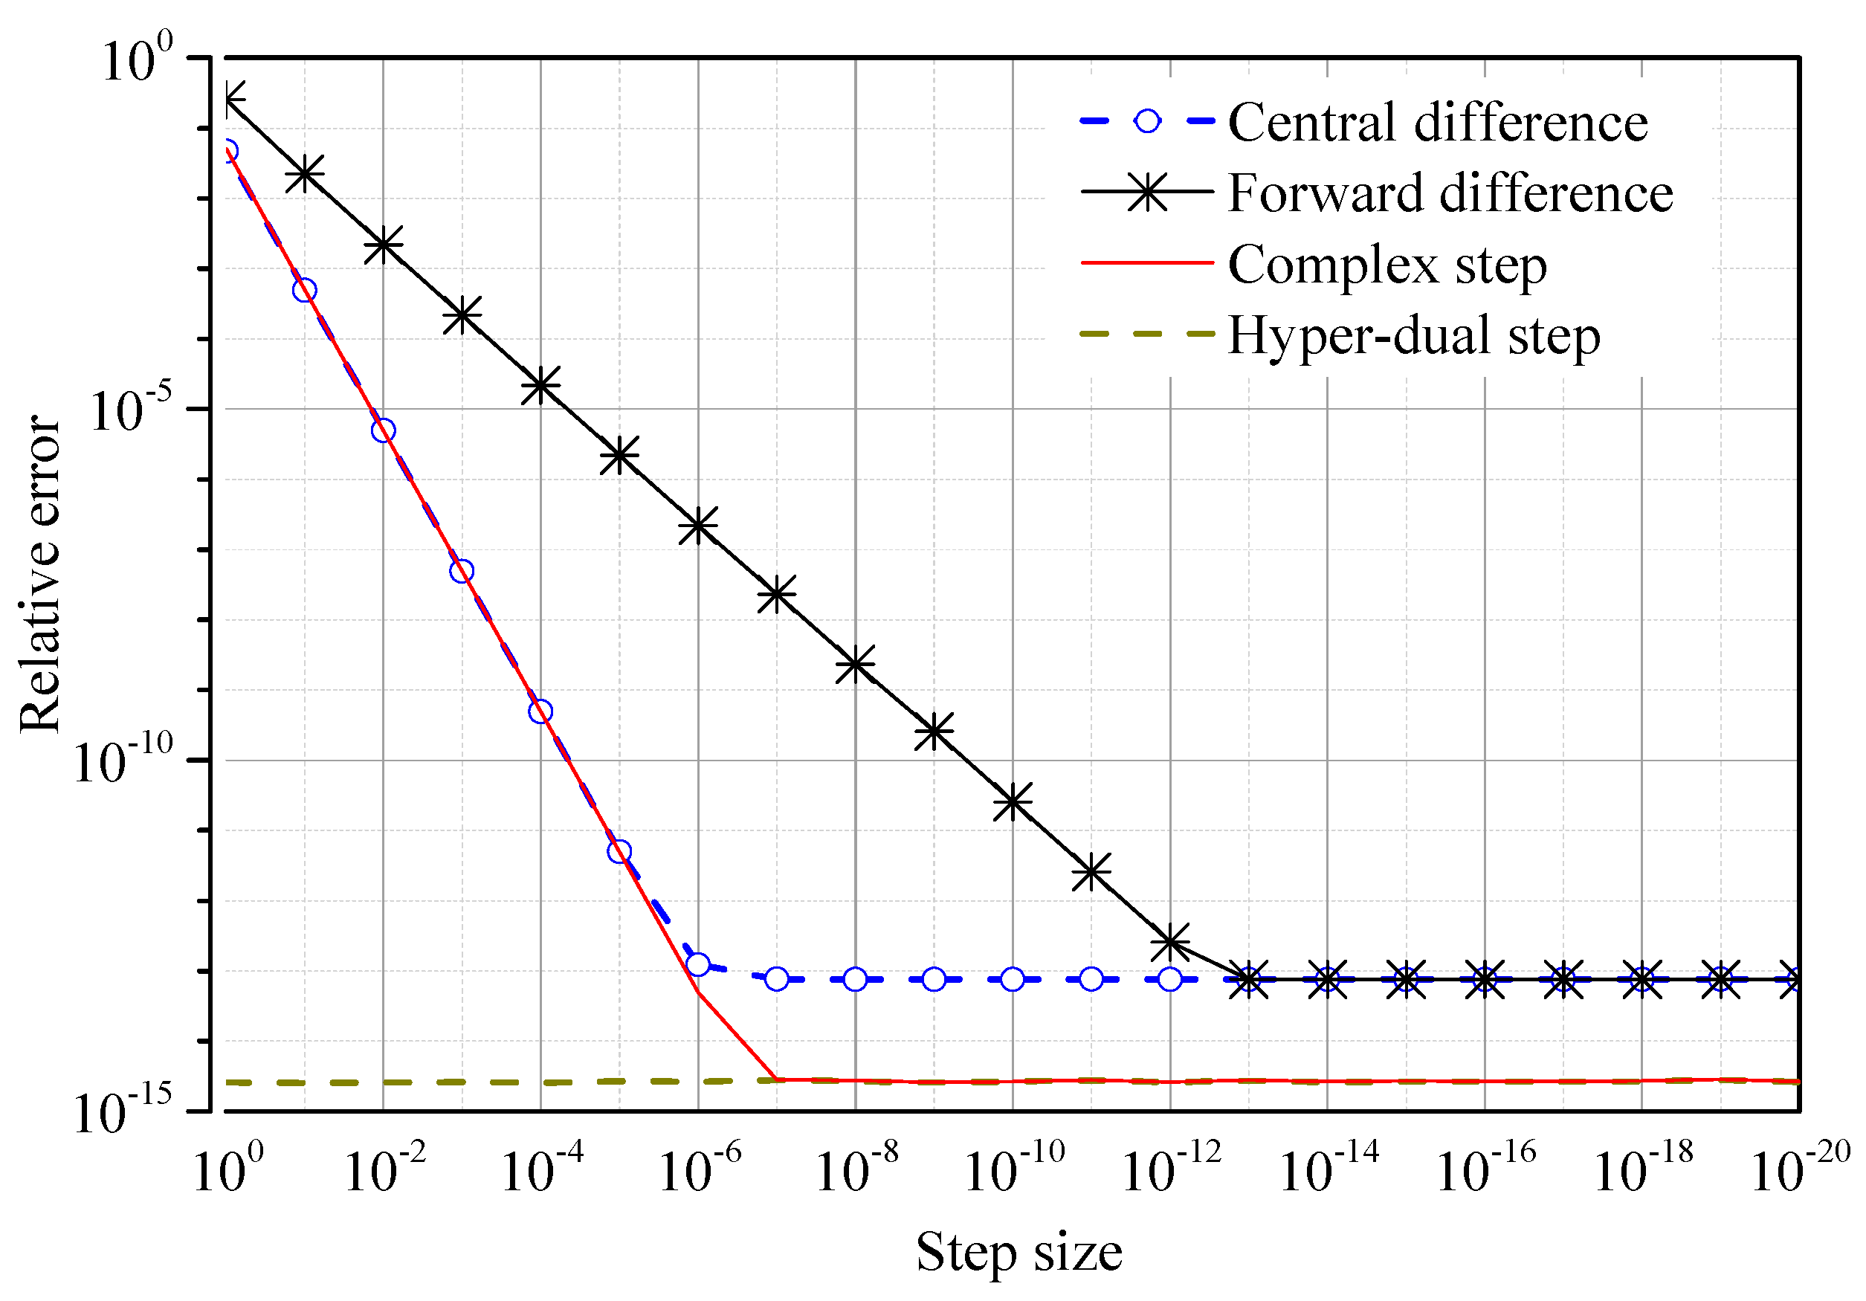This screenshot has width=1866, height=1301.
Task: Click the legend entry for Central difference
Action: pos(1437,123)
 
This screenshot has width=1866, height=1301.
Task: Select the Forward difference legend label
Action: pos(1449,193)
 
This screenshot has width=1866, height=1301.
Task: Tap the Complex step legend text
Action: pos(1386,265)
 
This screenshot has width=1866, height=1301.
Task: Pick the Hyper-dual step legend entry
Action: pos(1413,335)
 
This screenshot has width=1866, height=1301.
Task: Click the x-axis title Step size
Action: pos(1019,1252)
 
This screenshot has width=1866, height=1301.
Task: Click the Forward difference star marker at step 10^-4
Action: pos(540,385)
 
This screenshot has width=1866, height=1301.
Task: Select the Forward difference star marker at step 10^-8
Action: pos(855,665)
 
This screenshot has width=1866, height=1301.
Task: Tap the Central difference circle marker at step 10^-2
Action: pos(384,430)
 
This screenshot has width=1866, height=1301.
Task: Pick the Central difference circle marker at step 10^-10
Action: pos(1013,979)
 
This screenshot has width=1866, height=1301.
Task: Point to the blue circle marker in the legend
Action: pos(1147,122)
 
